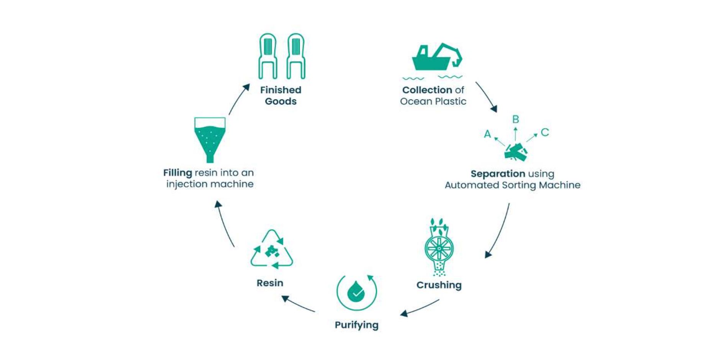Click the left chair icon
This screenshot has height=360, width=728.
pos(267,56)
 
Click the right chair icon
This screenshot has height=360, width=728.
pos(296,56)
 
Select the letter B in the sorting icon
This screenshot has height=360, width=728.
pos(516,119)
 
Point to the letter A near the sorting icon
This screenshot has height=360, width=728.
pos(487,134)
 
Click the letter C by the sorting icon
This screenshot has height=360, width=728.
pos(545,133)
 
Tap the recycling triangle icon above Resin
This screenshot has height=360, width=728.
pos(272,250)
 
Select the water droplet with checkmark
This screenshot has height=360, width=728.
pos(356,293)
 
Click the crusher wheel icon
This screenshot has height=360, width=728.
pos(439,248)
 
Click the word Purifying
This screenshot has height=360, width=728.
pos(356,325)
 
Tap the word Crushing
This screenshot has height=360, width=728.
pos(439,285)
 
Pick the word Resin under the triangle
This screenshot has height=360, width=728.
pos(270,283)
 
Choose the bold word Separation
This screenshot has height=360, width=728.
pos(498,174)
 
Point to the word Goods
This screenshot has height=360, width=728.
pos(280,101)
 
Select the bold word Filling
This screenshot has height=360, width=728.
pos(177,173)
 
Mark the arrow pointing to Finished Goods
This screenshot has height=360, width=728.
pos(238,100)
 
